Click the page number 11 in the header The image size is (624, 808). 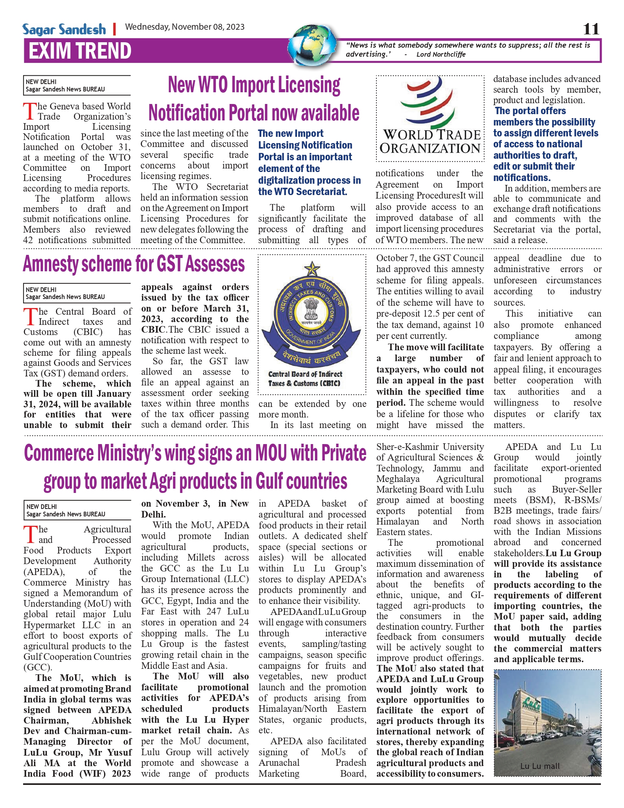pos(591,29)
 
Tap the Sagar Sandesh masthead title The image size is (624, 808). pos(64,30)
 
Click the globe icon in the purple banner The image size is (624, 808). pos(313,46)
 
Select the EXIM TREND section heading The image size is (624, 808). pos(80,51)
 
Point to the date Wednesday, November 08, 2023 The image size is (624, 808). pos(185,27)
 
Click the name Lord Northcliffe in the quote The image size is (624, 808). pos(441,54)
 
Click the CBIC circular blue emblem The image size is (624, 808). pos(312,313)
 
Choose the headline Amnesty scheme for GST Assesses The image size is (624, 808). pos(134,264)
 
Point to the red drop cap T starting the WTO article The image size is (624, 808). pos(30,111)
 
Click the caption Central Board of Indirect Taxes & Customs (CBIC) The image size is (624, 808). pos(305,379)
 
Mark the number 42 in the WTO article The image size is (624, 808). pos(28,240)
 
